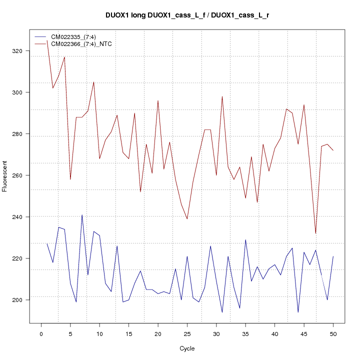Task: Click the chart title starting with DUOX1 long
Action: point(187,15)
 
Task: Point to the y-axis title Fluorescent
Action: point(5,176)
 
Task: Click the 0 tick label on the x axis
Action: point(41,334)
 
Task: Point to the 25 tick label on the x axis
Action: point(187,334)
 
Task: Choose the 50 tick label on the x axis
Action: point(333,334)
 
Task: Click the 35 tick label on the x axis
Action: point(245,334)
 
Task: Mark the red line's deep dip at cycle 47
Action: point(315,233)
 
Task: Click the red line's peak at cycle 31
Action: point(222,96)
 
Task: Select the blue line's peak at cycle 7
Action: point(82,215)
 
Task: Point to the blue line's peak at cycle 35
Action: point(245,239)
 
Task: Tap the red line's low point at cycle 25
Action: point(187,219)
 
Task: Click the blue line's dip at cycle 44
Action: point(298,312)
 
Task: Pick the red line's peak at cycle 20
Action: point(158,100)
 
